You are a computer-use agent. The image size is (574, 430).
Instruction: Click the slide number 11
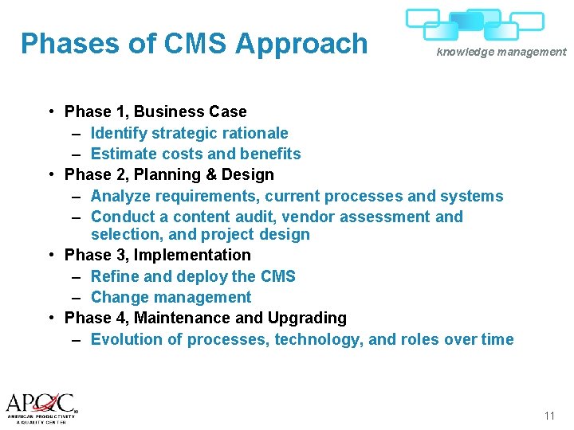coord(548,416)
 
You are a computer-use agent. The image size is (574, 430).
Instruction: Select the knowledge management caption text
coord(501,53)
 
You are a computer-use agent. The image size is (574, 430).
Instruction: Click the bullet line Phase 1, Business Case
coord(155,111)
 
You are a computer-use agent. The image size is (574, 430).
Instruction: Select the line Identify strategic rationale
coord(189,133)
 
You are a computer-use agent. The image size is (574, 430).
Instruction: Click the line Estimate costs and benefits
coord(195,154)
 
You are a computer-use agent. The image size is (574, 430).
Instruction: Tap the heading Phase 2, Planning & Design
coord(169,174)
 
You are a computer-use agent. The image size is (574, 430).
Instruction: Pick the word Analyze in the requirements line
coord(120,196)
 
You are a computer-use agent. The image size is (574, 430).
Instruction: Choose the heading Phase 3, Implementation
coord(157,255)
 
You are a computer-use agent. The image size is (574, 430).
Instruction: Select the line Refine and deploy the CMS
coord(193,276)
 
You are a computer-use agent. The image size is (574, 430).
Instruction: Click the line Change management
coord(171,297)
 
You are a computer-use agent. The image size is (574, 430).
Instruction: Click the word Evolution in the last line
coord(124,339)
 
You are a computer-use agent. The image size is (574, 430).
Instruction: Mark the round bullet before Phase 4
coord(50,318)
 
